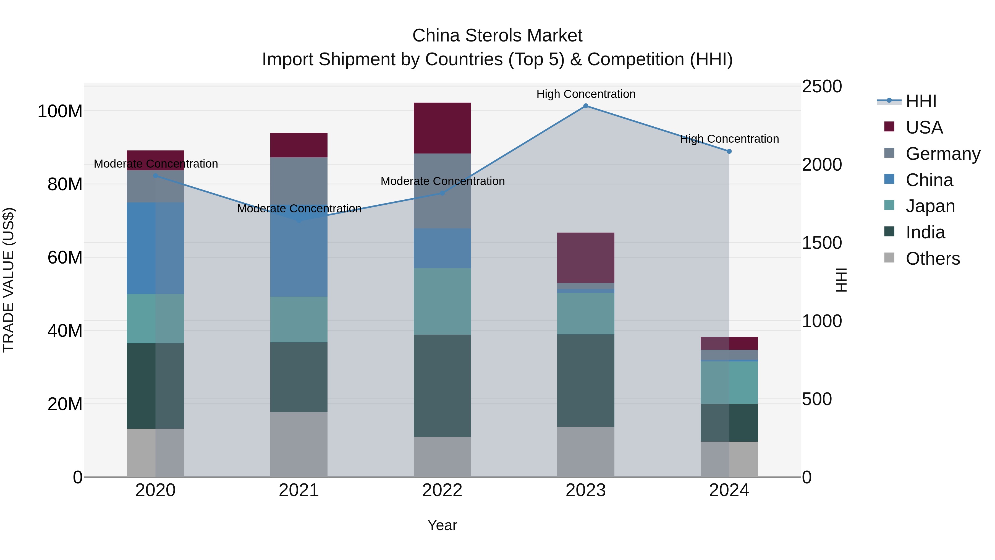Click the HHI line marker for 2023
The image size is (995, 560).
pos(586,106)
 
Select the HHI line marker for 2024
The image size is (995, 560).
pos(729,152)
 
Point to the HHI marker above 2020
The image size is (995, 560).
pos(155,176)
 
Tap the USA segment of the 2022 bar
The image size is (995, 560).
pos(442,128)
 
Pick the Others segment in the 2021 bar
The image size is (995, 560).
pos(298,444)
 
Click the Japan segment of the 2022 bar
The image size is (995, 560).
pos(442,301)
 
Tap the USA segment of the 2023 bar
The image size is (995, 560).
pos(586,257)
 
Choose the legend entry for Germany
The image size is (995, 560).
pos(942,154)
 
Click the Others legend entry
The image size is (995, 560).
pos(933,259)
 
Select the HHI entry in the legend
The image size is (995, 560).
pos(921,101)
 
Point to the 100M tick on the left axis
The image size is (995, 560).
pos(60,111)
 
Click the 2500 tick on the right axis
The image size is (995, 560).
pos(822,86)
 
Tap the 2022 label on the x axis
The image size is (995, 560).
pos(442,490)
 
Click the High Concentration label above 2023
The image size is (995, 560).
pos(586,94)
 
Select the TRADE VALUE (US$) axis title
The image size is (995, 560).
pos(9,280)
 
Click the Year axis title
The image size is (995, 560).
pos(442,525)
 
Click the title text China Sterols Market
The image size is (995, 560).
pos(497,36)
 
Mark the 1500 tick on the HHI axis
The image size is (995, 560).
pos(822,243)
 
